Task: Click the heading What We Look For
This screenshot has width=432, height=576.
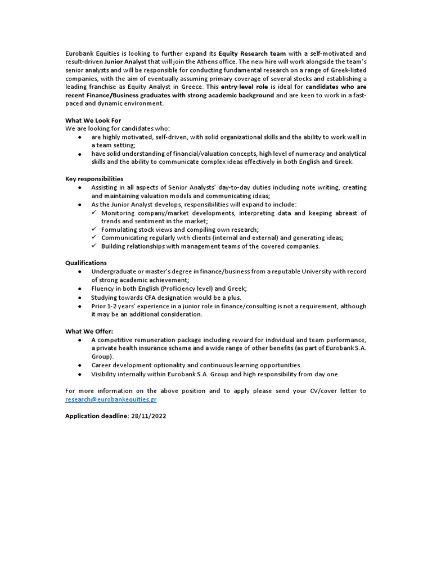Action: click(93, 120)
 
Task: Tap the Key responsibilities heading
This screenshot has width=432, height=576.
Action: click(94, 179)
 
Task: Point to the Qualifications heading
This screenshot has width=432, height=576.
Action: click(85, 263)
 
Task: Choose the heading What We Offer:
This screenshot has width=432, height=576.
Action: click(89, 331)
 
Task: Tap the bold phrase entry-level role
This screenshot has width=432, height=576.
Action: click(245, 87)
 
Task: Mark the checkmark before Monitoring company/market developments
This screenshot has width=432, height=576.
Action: click(94, 213)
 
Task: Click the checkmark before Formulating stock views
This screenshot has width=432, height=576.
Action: click(94, 229)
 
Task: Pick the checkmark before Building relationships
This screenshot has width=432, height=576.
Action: click(94, 246)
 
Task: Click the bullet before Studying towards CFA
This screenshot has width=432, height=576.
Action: click(81, 298)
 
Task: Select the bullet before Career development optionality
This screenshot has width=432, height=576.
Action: click(81, 366)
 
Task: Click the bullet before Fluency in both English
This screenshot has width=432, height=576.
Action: click(81, 289)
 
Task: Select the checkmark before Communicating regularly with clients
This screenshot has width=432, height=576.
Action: click(94, 238)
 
